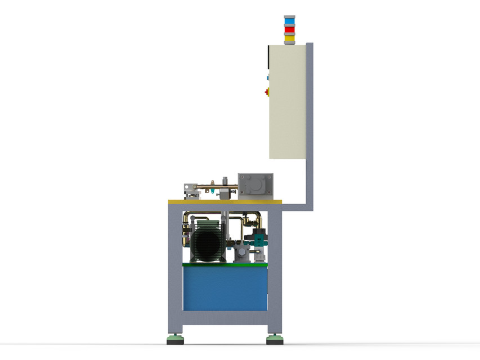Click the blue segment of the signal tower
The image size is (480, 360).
pyautogui.click(x=289, y=21)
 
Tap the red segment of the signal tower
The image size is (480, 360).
pyautogui.click(x=289, y=29)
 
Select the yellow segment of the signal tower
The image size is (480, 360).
pyautogui.click(x=289, y=38)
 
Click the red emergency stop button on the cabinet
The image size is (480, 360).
pyautogui.click(x=267, y=92)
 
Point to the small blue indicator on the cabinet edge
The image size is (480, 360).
pyautogui.click(x=268, y=78)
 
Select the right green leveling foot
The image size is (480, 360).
pyautogui.click(x=275, y=339)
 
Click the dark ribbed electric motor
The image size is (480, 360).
pyautogui.click(x=207, y=244)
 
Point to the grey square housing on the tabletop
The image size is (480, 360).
pyautogui.click(x=255, y=186)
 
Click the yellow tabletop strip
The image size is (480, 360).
pyautogui.click(x=225, y=202)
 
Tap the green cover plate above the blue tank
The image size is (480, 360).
pyautogui.click(x=225, y=264)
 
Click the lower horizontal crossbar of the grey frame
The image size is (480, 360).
pyautogui.click(x=225, y=317)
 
